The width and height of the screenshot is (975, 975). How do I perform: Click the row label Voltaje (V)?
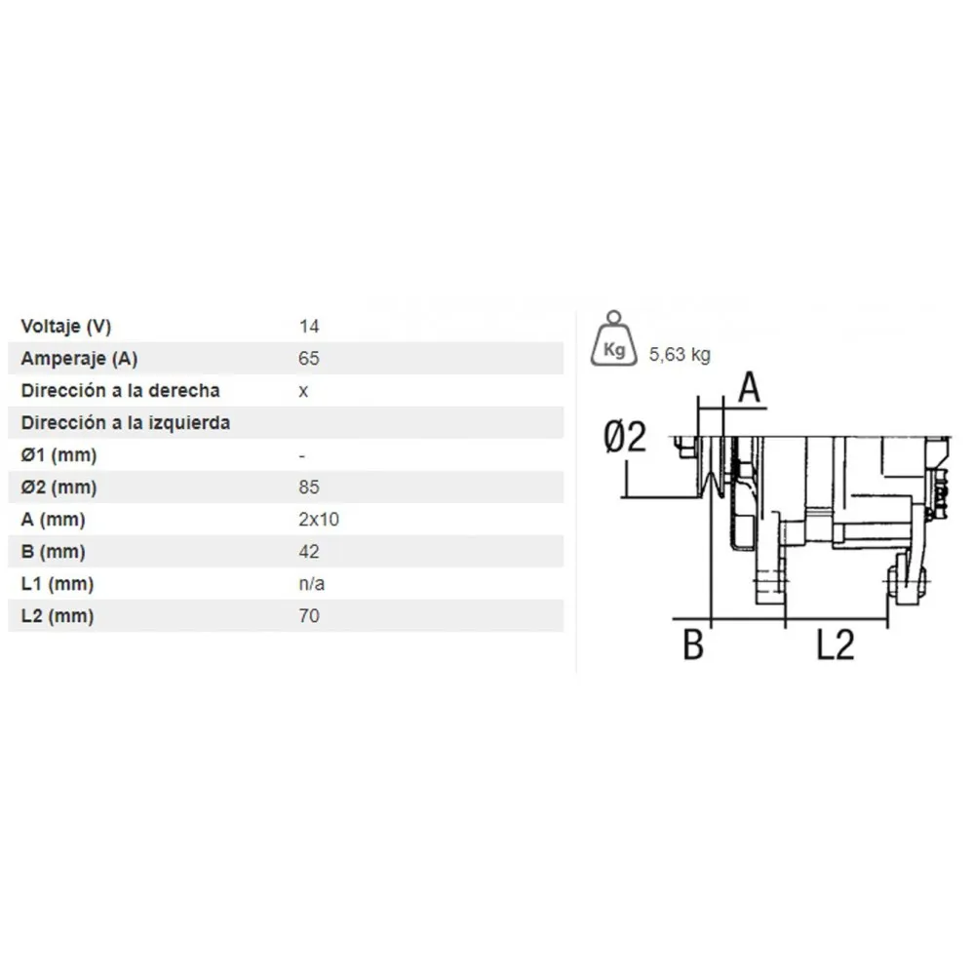(x=66, y=327)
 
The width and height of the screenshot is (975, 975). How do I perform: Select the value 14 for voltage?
(x=309, y=327)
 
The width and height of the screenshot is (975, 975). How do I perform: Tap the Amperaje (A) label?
(x=79, y=359)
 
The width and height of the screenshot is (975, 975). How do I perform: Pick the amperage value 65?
(x=309, y=359)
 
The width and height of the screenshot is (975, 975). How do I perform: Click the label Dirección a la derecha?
(x=121, y=391)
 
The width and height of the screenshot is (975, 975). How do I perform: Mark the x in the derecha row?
(x=303, y=392)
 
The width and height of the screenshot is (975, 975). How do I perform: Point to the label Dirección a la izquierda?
(x=126, y=423)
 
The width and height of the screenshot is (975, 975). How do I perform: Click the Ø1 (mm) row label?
(x=58, y=455)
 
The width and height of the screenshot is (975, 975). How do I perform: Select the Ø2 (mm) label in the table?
(x=58, y=487)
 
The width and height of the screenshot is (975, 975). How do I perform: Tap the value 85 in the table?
(x=309, y=487)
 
